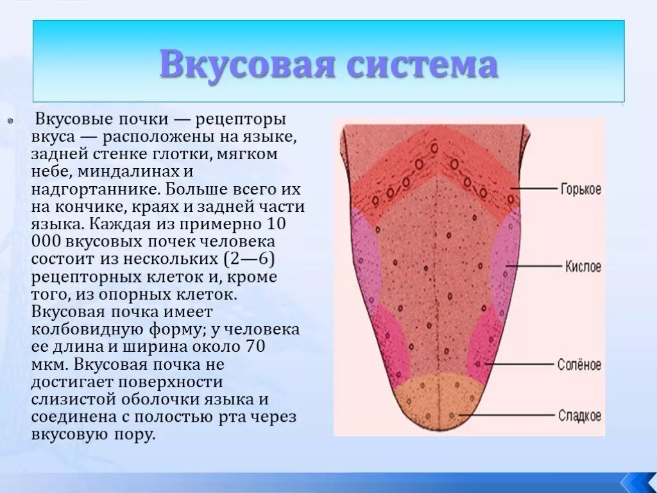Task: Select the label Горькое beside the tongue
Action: [x=581, y=189]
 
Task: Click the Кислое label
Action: [x=583, y=266]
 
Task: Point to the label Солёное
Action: [x=580, y=365]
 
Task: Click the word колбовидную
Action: [x=84, y=330]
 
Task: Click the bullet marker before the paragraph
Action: [x=10, y=120]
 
